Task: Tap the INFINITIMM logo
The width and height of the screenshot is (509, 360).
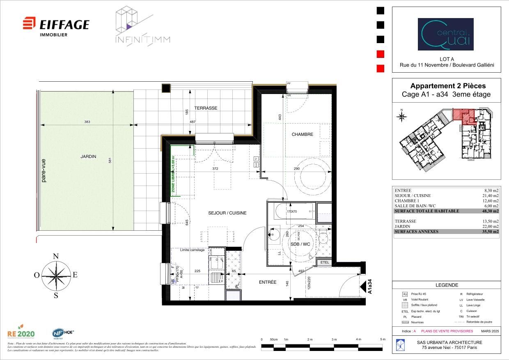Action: [142, 26]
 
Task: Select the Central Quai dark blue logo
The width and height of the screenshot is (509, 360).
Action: [445, 34]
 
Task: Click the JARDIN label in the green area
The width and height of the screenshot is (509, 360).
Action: [88, 156]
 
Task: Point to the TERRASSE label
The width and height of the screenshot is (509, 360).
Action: [206, 108]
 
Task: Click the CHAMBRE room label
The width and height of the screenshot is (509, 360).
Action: [302, 134]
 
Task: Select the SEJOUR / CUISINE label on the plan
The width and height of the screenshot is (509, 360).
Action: [227, 213]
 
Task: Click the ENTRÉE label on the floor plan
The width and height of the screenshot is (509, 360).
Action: [267, 282]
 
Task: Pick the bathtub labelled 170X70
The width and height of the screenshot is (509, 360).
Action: [292, 212]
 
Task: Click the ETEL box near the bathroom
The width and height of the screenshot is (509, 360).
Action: [325, 262]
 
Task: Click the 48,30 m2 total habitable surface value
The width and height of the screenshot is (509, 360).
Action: [491, 211]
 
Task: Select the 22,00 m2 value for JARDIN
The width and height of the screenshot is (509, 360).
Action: [491, 226]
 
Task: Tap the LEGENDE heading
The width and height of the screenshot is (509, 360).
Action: [446, 285]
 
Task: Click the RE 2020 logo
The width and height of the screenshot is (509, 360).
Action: [21, 333]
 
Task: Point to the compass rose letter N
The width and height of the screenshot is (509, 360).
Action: [56, 257]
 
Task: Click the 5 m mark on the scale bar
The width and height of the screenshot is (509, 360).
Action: [383, 339]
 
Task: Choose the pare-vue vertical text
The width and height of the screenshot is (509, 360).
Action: [44, 170]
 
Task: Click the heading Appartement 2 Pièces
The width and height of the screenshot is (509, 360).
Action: [447, 86]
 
